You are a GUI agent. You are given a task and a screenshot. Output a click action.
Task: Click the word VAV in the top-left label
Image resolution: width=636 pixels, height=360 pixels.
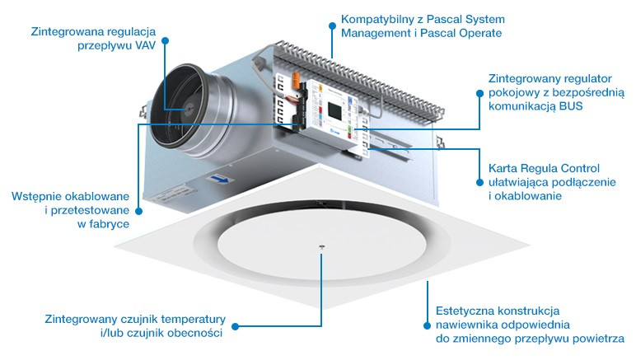coord(139,47)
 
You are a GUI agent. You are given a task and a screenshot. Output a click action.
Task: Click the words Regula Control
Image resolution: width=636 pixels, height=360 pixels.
coord(559,167)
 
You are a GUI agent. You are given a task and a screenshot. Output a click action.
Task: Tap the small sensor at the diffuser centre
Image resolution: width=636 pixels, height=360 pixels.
coord(321,247)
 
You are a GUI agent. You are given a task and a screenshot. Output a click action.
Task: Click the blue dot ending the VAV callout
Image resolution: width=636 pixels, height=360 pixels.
coord(166,39)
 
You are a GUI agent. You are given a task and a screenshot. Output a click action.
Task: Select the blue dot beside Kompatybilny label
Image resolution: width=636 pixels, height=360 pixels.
coord(332,26)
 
